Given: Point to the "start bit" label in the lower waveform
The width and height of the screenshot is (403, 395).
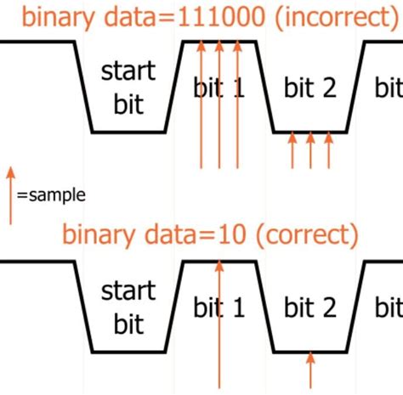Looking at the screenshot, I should tap(128, 307).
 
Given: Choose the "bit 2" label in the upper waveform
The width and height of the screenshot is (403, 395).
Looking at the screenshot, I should tap(311, 87).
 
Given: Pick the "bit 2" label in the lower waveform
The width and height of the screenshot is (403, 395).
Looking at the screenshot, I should tap(311, 307).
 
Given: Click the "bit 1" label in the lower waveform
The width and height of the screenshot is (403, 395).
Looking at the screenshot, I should tap(219, 307).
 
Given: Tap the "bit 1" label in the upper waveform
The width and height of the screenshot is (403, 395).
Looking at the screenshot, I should tap(219, 87).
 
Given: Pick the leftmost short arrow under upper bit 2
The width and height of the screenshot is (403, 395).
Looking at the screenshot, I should tap(292, 150).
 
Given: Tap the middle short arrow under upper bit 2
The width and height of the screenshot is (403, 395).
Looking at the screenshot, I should tap(310, 150).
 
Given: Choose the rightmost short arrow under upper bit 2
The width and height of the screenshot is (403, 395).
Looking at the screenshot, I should tap(328, 150).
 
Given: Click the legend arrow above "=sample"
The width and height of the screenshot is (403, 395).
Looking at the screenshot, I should tap(11, 195).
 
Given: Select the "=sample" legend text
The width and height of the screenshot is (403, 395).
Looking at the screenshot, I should tap(51, 195).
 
